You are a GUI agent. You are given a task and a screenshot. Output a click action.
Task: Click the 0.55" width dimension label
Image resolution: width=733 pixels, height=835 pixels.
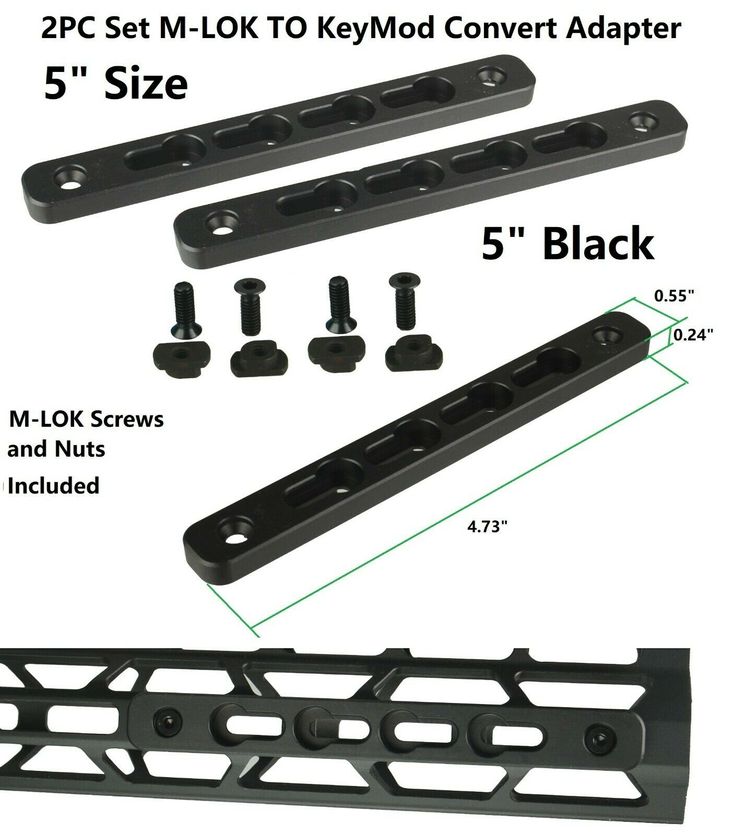(x=675, y=296)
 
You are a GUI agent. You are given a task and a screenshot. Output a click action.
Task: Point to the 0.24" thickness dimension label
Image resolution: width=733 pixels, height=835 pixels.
(x=693, y=335)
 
